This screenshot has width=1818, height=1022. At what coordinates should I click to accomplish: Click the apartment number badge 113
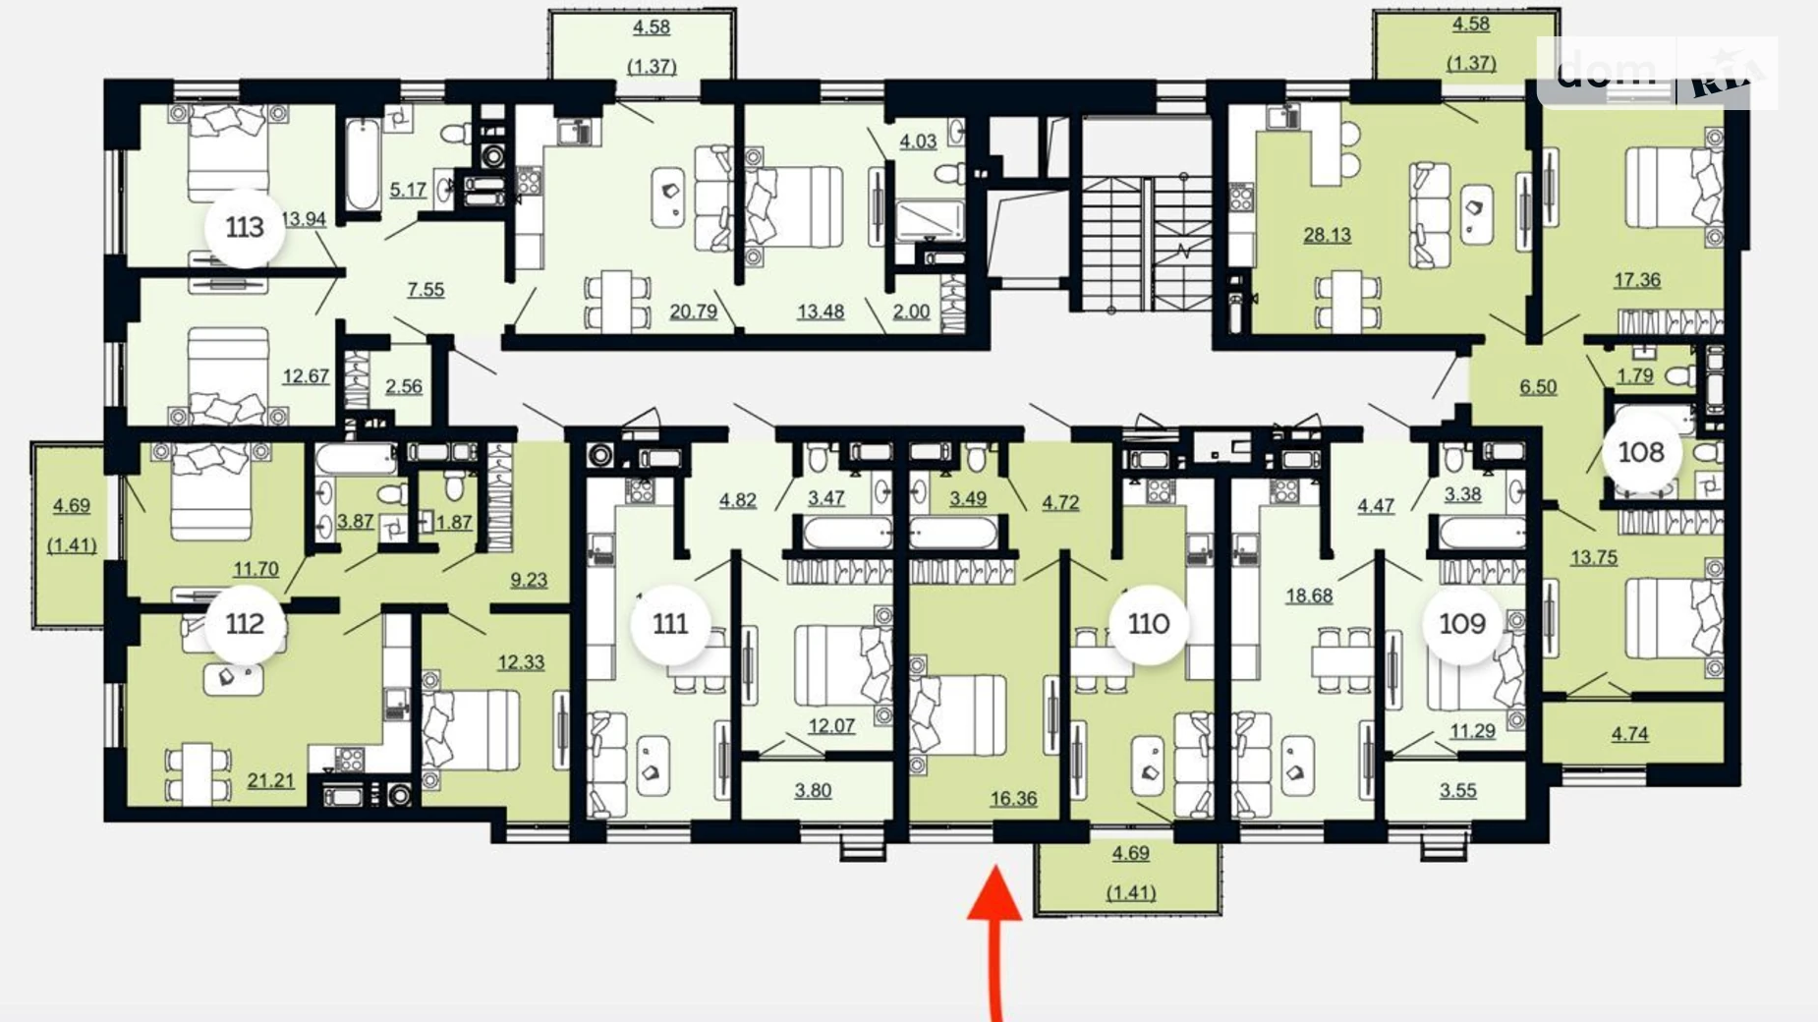[245, 228]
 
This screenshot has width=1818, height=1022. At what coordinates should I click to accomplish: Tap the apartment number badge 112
[245, 624]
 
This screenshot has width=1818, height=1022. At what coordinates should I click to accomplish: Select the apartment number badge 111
[670, 624]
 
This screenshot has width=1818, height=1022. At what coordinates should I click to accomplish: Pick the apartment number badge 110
[1149, 624]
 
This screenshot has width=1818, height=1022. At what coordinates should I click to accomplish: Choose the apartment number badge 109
[1462, 624]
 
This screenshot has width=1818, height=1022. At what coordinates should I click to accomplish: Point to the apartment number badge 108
[1641, 452]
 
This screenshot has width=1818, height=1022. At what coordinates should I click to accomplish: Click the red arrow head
[995, 892]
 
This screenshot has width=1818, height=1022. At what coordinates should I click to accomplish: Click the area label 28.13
[1327, 235]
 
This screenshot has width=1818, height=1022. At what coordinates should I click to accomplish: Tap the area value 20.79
[693, 312]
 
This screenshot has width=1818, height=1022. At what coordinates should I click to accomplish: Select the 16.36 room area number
[1013, 799]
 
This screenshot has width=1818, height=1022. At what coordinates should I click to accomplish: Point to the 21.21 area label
[270, 781]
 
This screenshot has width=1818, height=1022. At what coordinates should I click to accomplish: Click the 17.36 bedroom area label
[1637, 280]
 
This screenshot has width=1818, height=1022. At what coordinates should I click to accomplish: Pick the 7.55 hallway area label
[426, 290]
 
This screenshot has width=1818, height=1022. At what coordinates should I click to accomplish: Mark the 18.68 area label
[1309, 596]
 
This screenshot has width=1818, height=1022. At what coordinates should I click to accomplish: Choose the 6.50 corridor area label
[1538, 387]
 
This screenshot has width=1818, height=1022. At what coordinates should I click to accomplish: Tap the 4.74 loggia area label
[1629, 733]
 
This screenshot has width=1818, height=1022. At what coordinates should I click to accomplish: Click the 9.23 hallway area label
[529, 580]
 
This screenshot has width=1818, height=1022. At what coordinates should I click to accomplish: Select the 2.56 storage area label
[404, 386]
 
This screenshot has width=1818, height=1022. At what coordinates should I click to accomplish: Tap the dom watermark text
[1606, 70]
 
